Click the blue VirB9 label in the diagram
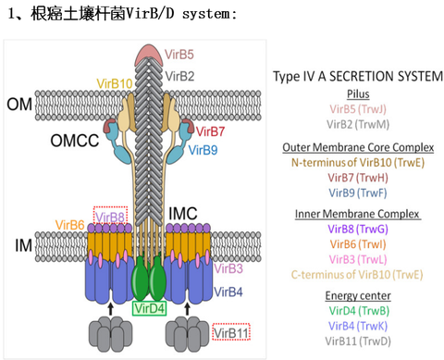pos(206,148)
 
